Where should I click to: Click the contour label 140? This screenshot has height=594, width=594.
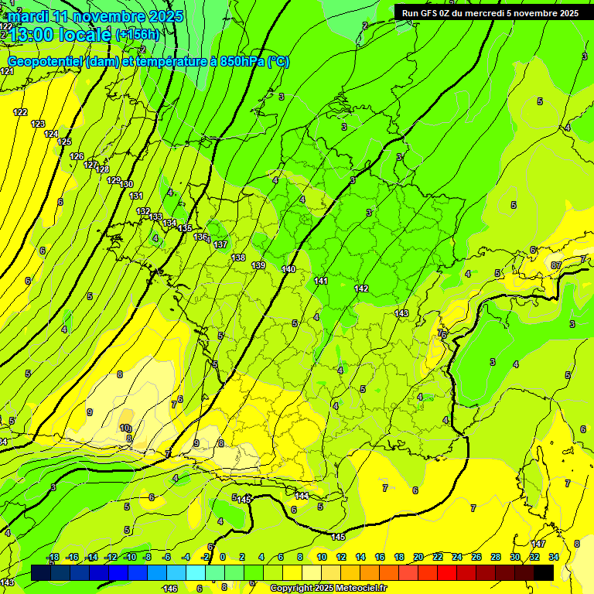coord(288,269)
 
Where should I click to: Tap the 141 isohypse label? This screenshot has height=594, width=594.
coord(322,281)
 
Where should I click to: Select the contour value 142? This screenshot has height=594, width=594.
coord(361,288)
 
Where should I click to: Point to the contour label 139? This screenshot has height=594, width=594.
coord(259,265)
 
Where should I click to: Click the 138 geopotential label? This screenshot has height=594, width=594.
coord(238,258)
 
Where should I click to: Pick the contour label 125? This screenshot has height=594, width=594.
coord(64,142)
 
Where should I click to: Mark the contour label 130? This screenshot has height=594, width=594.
coord(127,184)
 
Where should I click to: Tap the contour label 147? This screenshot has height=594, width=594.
coord(539,544)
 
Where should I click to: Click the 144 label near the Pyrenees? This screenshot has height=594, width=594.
coord(302,496)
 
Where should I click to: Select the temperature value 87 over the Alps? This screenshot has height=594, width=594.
coord(555,265)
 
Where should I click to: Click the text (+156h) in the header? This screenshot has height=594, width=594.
coord(137,34)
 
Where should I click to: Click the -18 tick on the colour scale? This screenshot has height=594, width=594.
coord(53,557)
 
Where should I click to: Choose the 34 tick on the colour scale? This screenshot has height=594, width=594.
coord(553,557)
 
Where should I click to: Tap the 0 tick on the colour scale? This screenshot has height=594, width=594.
coord(223,557)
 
